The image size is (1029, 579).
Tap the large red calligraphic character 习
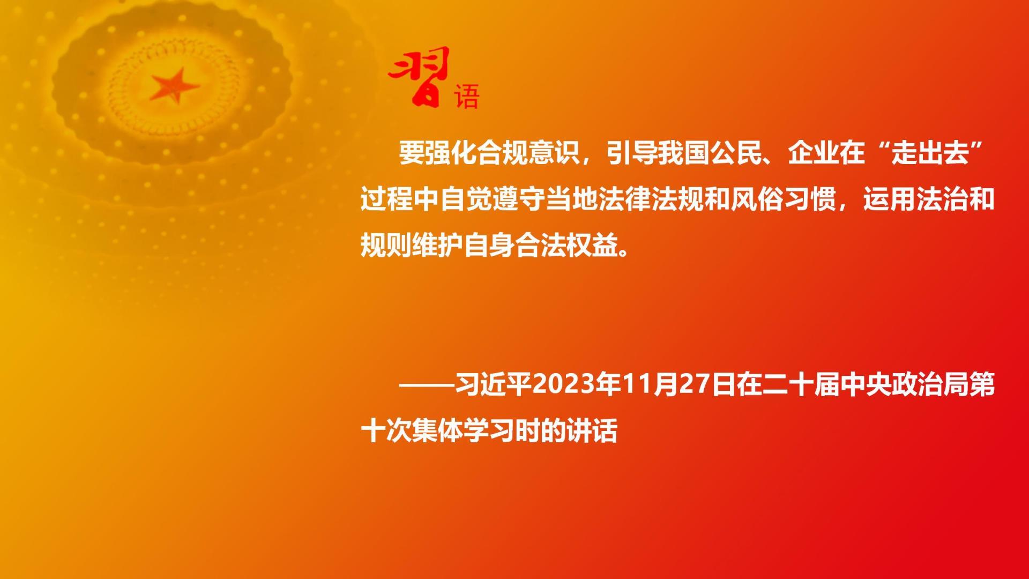click(x=419, y=76)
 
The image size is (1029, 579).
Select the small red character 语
click(x=466, y=96)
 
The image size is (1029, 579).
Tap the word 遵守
click(x=516, y=200)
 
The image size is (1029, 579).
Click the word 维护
click(x=438, y=247)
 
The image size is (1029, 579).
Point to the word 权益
click(x=593, y=247)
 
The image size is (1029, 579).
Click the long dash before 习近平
click(x=426, y=385)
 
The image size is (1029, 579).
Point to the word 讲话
click(x=593, y=432)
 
